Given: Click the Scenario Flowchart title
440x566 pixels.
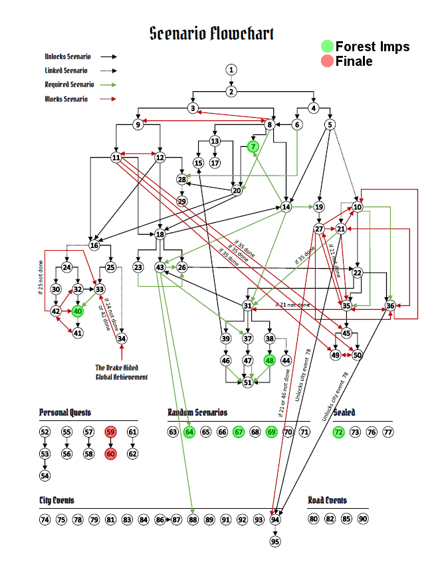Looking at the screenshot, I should [211, 33].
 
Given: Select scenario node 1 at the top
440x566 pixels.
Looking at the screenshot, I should [231, 70].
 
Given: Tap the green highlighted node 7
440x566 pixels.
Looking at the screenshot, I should [253, 146].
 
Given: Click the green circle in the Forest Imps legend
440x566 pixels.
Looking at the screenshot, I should [326, 47].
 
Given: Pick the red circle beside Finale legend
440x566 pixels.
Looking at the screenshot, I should [326, 61].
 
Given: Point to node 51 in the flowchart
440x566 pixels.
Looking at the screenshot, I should [247, 382].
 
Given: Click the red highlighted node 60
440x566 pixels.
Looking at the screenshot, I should [111, 454].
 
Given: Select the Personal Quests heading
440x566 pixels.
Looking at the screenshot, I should [65, 412].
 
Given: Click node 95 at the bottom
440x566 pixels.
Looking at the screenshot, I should [275, 541].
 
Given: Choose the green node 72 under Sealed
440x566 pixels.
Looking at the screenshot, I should [338, 432].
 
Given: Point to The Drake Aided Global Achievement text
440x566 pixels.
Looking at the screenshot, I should [121, 372].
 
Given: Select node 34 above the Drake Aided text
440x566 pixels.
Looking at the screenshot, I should [122, 338].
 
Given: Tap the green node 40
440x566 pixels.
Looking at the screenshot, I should [78, 311].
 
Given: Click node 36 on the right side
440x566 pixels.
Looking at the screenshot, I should [390, 305].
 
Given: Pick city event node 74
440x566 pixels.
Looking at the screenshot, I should [45, 519].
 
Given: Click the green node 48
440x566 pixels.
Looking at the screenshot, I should [269, 360].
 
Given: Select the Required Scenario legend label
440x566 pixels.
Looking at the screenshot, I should [69, 84].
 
